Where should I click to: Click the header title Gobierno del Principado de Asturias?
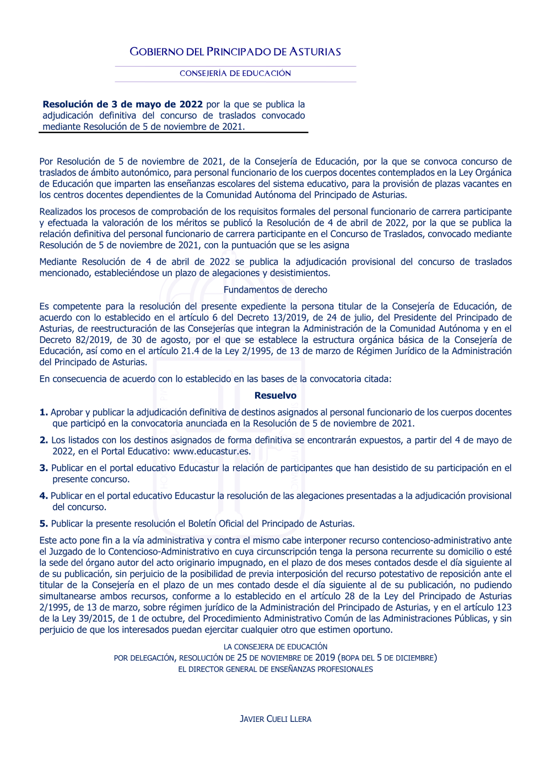[x=235, y=52]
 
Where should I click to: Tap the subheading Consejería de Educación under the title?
[x=235, y=73]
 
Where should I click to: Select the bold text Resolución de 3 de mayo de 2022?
[x=122, y=104]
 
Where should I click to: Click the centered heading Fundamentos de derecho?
[x=275, y=289]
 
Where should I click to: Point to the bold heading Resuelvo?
[x=275, y=395]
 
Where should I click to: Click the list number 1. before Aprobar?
[x=44, y=412]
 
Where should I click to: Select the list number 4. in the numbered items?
[x=44, y=496]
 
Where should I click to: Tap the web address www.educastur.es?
[x=212, y=451]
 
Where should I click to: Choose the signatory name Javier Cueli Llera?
[x=275, y=719]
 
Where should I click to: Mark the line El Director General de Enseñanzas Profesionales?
[x=275, y=669]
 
